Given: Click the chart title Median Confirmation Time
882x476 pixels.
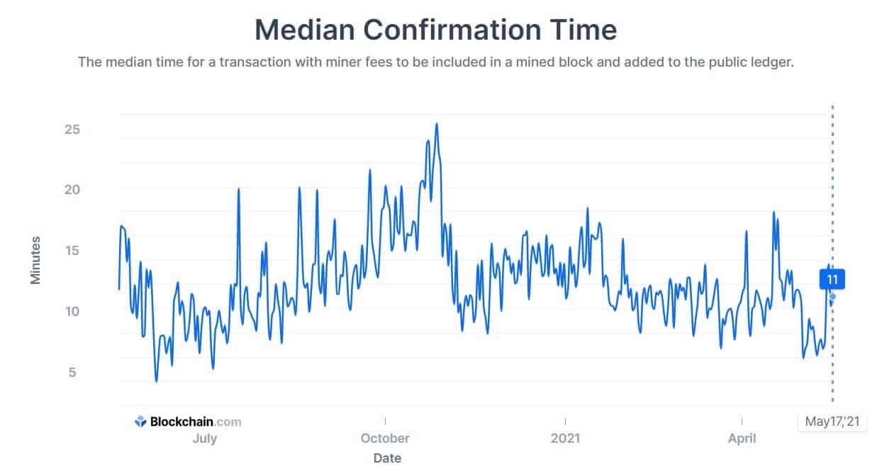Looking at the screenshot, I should tap(435, 30).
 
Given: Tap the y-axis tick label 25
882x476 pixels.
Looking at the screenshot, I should tap(72, 130).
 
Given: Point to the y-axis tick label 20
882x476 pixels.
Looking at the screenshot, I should tap(72, 190).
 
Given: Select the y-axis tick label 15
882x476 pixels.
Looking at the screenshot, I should tap(72, 251).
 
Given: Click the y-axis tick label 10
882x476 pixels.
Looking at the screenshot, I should tap(72, 311).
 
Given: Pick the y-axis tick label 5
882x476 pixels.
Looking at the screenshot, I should tap(72, 372).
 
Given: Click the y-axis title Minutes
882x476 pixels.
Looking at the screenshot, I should tap(35, 261).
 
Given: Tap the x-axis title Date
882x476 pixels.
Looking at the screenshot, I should tap(387, 458).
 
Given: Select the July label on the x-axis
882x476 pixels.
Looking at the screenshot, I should tap(205, 438).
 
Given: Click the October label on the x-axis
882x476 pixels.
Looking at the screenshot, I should tap(385, 438).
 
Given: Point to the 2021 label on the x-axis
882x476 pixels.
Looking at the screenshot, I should tap(565, 438).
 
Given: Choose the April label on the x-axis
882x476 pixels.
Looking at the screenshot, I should tap(742, 438).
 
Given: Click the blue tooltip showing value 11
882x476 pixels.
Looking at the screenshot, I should tap(832, 279).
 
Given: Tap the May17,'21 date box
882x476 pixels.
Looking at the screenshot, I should tap(832, 422).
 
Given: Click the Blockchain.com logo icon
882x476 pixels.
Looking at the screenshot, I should tap(140, 421).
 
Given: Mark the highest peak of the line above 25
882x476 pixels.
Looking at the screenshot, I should tap(437, 124).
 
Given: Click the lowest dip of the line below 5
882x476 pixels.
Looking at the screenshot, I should tap(157, 381).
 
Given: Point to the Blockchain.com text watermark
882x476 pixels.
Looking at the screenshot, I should tap(195, 421).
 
